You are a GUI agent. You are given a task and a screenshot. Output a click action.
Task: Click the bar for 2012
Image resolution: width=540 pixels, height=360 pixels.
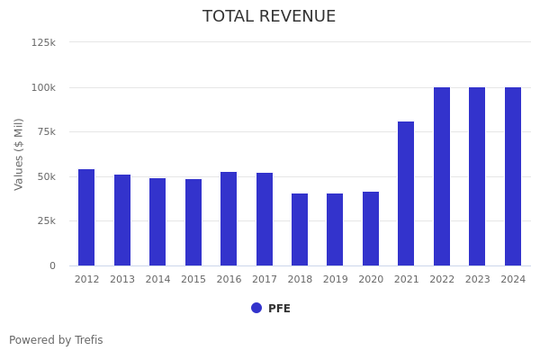86,217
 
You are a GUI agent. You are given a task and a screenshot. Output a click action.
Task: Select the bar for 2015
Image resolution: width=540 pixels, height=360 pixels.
193,222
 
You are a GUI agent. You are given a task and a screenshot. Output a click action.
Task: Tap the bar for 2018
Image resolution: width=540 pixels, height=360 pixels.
300,229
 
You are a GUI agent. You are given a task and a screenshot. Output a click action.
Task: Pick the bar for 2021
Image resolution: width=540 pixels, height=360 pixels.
406,193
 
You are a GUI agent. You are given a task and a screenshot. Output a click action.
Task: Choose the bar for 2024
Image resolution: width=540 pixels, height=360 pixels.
513,176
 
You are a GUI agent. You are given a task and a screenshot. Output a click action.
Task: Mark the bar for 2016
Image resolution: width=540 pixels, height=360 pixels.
229,219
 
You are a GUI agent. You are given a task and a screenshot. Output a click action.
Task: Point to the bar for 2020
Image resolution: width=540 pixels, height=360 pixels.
371,229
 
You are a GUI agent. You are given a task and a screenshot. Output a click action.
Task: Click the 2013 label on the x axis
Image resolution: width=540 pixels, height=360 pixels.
122,280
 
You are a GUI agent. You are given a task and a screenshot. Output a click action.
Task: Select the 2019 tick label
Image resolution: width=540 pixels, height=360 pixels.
335,280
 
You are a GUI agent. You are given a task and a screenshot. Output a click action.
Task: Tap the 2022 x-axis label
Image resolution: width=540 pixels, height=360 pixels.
442,280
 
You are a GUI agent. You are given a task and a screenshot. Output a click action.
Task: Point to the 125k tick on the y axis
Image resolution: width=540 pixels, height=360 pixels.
43,42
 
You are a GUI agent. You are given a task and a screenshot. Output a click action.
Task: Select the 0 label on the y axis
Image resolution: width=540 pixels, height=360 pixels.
52,265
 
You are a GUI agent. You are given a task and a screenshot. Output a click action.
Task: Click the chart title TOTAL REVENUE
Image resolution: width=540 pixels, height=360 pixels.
269,17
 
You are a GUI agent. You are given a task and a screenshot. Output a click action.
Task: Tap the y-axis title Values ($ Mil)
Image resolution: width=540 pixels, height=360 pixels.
20,154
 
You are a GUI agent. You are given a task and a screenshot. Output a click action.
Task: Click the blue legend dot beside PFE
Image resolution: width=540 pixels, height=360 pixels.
256,308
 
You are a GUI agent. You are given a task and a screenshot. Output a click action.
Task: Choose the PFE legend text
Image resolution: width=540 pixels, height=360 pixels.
279,309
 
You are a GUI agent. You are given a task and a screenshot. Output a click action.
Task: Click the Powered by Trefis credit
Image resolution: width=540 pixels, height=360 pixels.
56,340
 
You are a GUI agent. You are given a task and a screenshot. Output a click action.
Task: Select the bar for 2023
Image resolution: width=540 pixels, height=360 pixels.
477,176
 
